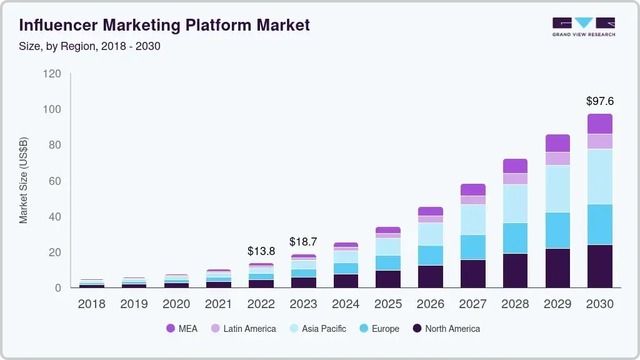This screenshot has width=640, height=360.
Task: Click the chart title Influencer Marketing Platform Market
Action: (164, 25)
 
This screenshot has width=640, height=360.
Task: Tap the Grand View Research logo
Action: (583, 27)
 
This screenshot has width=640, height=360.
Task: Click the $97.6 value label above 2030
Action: (599, 101)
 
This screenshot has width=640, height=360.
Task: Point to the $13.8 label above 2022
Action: (261, 251)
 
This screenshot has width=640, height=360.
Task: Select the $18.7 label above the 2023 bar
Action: (303, 242)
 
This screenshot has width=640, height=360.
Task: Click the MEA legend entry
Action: (182, 328)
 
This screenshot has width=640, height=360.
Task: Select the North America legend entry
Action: (446, 328)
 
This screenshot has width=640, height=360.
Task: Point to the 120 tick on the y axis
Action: (52, 74)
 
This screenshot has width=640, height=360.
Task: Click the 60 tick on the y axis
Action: (54, 181)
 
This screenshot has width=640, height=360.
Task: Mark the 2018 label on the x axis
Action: (91, 304)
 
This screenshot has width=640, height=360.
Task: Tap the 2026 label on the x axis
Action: (430, 304)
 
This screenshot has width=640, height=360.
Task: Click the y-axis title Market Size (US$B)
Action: (24, 180)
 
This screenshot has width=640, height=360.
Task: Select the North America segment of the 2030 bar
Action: (599, 266)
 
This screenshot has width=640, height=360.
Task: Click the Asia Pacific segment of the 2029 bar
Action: (557, 189)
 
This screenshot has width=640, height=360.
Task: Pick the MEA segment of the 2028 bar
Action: (515, 166)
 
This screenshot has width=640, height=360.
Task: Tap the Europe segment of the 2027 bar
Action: (472, 247)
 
